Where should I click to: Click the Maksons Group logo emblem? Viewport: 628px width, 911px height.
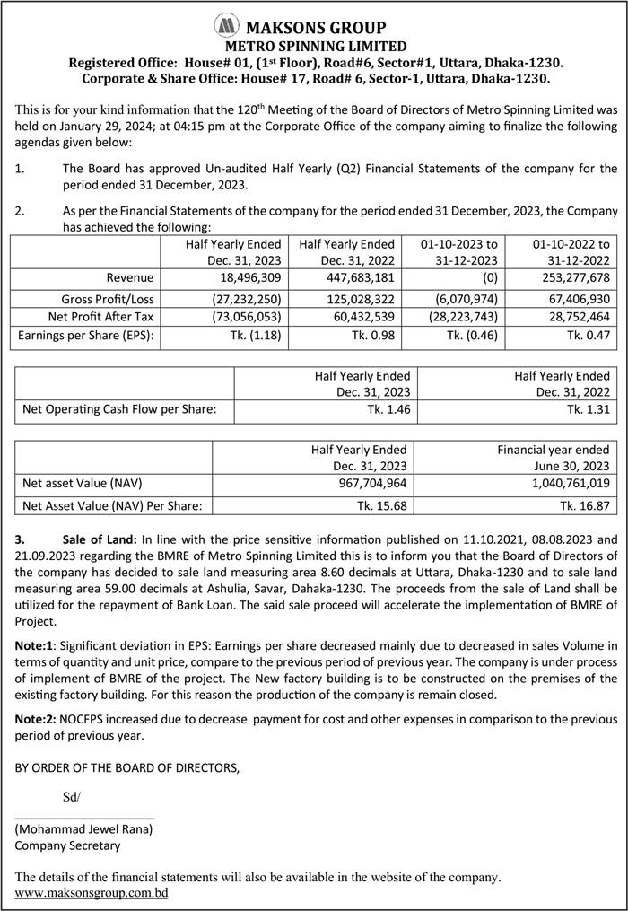pyautogui.click(x=227, y=26)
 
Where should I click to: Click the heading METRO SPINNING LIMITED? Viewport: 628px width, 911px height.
pyautogui.click(x=313, y=46)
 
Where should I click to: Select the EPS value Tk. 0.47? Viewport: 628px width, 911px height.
pyautogui.click(x=588, y=337)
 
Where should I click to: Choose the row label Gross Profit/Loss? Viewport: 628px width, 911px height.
pyautogui.click(x=108, y=298)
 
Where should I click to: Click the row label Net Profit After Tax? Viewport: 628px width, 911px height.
pyautogui.click(x=101, y=317)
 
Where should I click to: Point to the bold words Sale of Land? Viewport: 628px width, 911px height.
pyautogui.click(x=100, y=541)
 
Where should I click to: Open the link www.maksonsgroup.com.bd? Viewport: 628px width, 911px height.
pyautogui.click(x=92, y=893)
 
